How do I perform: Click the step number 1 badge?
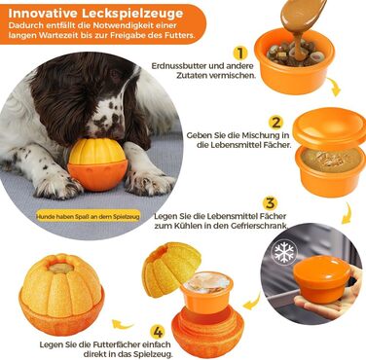239,53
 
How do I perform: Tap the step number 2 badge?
276,123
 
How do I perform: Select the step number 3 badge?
270,203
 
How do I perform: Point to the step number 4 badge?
157,332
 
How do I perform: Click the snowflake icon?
284,252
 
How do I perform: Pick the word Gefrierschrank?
262,226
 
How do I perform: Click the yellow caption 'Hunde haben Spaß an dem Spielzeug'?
89,217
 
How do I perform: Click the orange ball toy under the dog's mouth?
97,164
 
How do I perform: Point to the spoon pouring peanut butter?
305,12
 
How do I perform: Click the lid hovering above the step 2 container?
328,125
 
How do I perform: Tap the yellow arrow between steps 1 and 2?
334,87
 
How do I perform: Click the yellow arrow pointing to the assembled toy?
123,324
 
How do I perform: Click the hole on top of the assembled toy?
60,268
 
